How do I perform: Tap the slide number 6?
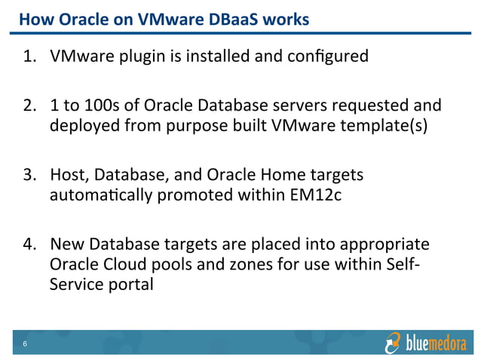25,345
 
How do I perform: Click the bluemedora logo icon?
393,343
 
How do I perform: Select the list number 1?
28,56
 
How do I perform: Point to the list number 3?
28,175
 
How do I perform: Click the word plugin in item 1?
133,56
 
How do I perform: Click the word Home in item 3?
286,175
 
